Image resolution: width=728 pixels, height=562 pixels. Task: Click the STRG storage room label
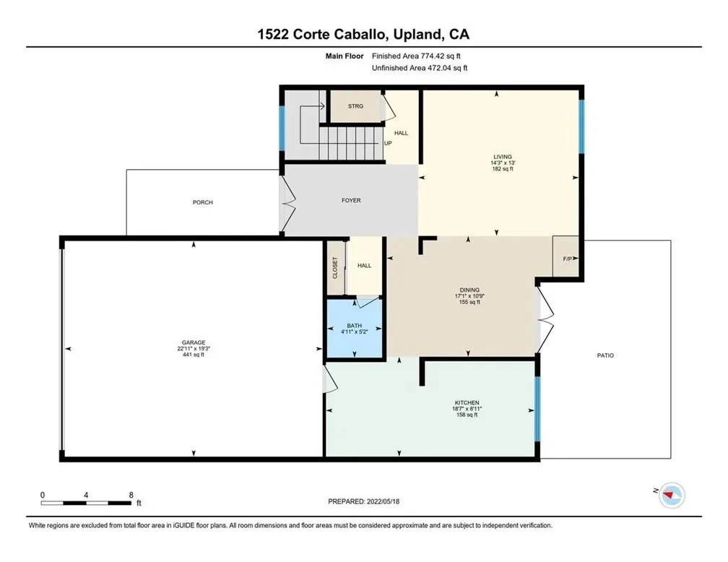tap(355, 106)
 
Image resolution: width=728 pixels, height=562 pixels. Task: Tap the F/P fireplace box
tap(565, 256)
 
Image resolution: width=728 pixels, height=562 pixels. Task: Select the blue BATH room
tap(354, 329)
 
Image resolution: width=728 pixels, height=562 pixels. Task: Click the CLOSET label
tap(335, 268)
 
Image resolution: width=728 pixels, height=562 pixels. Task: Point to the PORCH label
tap(203, 202)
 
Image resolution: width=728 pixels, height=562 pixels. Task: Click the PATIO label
tap(605, 355)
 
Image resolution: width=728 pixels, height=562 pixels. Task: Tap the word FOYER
tap(351, 200)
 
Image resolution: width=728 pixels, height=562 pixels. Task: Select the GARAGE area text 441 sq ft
tap(194, 355)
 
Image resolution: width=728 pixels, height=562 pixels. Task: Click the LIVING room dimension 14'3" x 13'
tap(503, 163)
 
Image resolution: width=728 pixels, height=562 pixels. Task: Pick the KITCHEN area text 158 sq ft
tap(467, 415)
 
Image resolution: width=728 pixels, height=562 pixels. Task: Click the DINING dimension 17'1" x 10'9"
tap(469, 296)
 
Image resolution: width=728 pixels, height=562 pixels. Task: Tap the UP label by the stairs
tap(388, 143)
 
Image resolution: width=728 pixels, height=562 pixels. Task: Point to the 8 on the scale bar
tap(131, 495)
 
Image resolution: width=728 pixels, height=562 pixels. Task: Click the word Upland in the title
tap(417, 35)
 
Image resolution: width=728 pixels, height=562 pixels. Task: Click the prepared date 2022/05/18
tap(383, 501)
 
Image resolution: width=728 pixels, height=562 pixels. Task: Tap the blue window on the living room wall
tap(581, 126)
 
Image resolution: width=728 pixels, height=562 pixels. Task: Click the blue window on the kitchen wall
tap(537, 409)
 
